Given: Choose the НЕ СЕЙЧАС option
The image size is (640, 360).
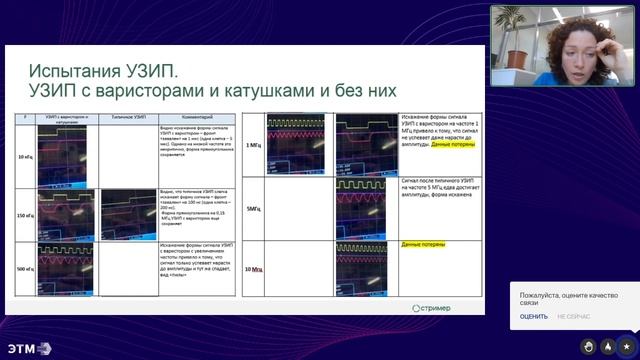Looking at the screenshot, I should [574, 317].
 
